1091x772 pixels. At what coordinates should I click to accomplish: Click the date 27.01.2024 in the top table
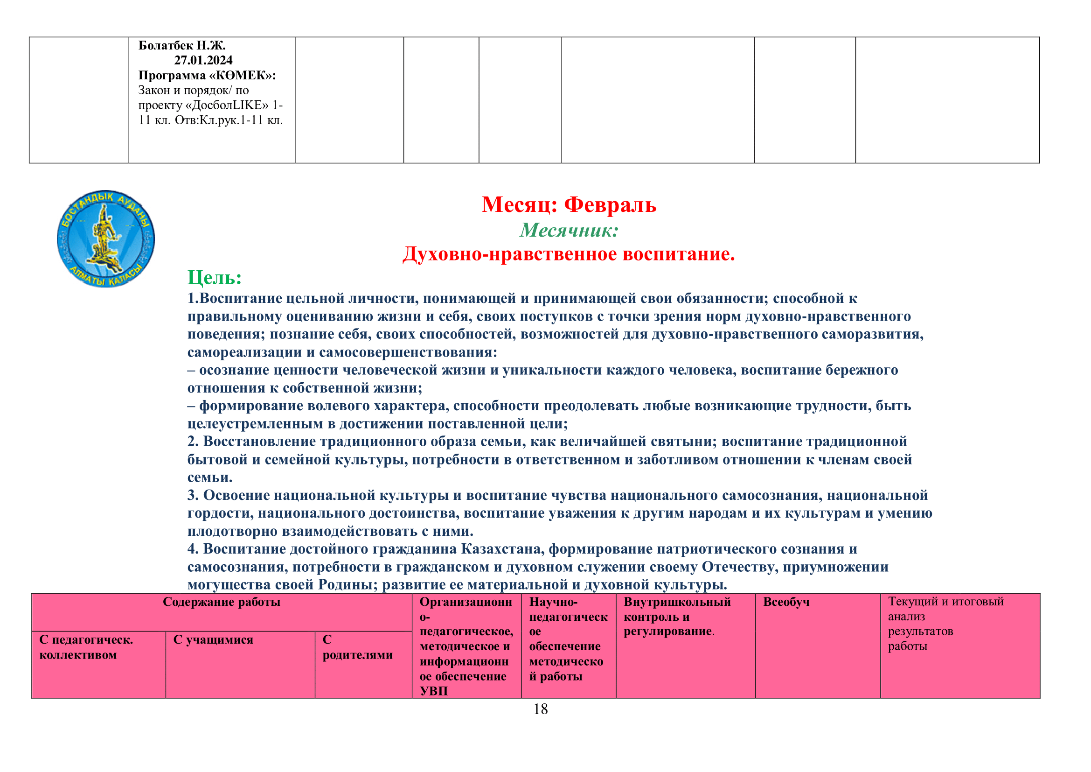point(203,60)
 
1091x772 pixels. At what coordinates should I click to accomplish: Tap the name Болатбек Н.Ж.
point(182,46)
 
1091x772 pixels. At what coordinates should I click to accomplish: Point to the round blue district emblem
point(105,238)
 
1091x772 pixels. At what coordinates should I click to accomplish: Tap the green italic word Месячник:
point(569,231)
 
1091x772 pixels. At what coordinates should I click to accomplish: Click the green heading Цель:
point(215,278)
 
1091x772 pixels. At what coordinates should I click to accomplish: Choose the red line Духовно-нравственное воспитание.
point(568,254)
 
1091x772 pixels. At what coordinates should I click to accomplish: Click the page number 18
point(540,709)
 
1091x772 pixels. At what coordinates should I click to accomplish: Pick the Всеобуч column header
point(786,602)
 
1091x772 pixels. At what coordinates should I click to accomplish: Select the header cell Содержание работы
point(222,602)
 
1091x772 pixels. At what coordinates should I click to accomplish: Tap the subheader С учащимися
point(213,640)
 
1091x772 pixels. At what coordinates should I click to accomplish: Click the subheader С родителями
point(357,647)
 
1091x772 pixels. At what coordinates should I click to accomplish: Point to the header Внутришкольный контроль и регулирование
point(677,617)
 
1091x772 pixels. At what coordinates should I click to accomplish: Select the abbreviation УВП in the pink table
point(433,691)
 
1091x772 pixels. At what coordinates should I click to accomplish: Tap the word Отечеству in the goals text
point(740,567)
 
